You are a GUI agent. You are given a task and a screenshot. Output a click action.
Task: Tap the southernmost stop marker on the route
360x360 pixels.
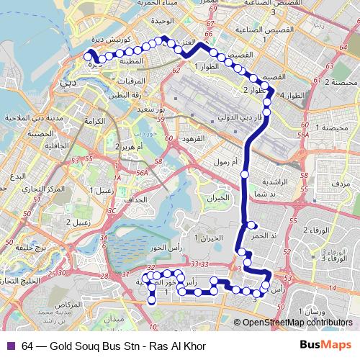click(152, 301)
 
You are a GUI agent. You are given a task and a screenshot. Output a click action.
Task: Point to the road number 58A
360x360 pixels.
click(303, 135)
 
